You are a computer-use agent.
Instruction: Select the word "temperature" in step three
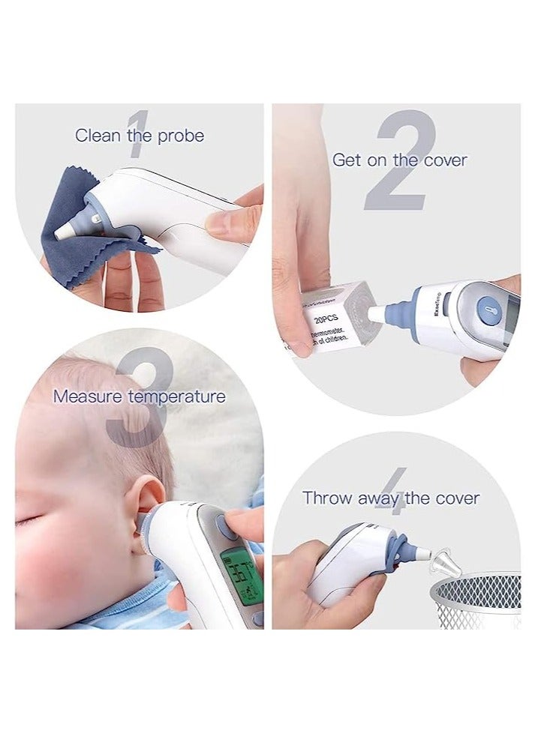click(177, 396)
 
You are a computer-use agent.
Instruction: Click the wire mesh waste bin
click(476, 600)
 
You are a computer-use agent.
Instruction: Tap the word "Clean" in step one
click(98, 136)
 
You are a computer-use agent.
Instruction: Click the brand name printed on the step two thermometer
click(437, 305)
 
